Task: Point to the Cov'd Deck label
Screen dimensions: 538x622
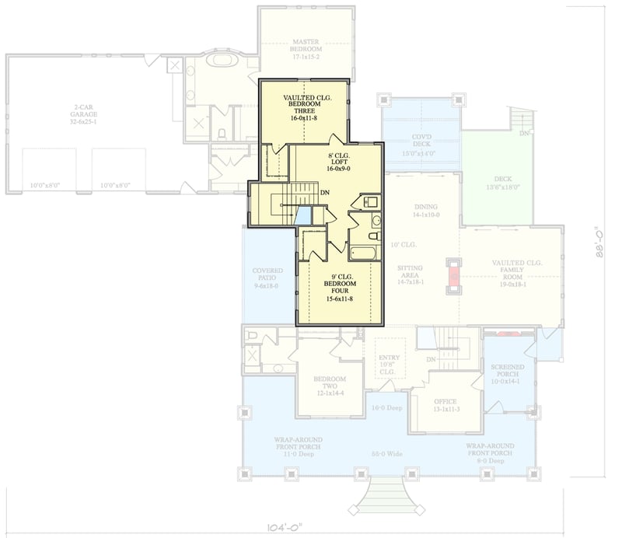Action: [x=421, y=145]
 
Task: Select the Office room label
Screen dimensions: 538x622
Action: [x=446, y=406]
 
